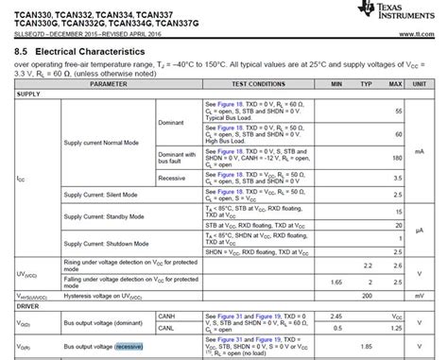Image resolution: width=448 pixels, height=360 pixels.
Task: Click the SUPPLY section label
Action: click(28, 94)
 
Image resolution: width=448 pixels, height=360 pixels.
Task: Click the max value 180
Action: click(397, 158)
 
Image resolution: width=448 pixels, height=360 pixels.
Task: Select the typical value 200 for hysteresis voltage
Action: click(369, 295)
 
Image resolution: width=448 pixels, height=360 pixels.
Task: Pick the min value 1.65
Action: click(337, 283)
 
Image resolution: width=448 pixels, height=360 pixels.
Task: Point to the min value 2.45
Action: click(337, 316)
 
